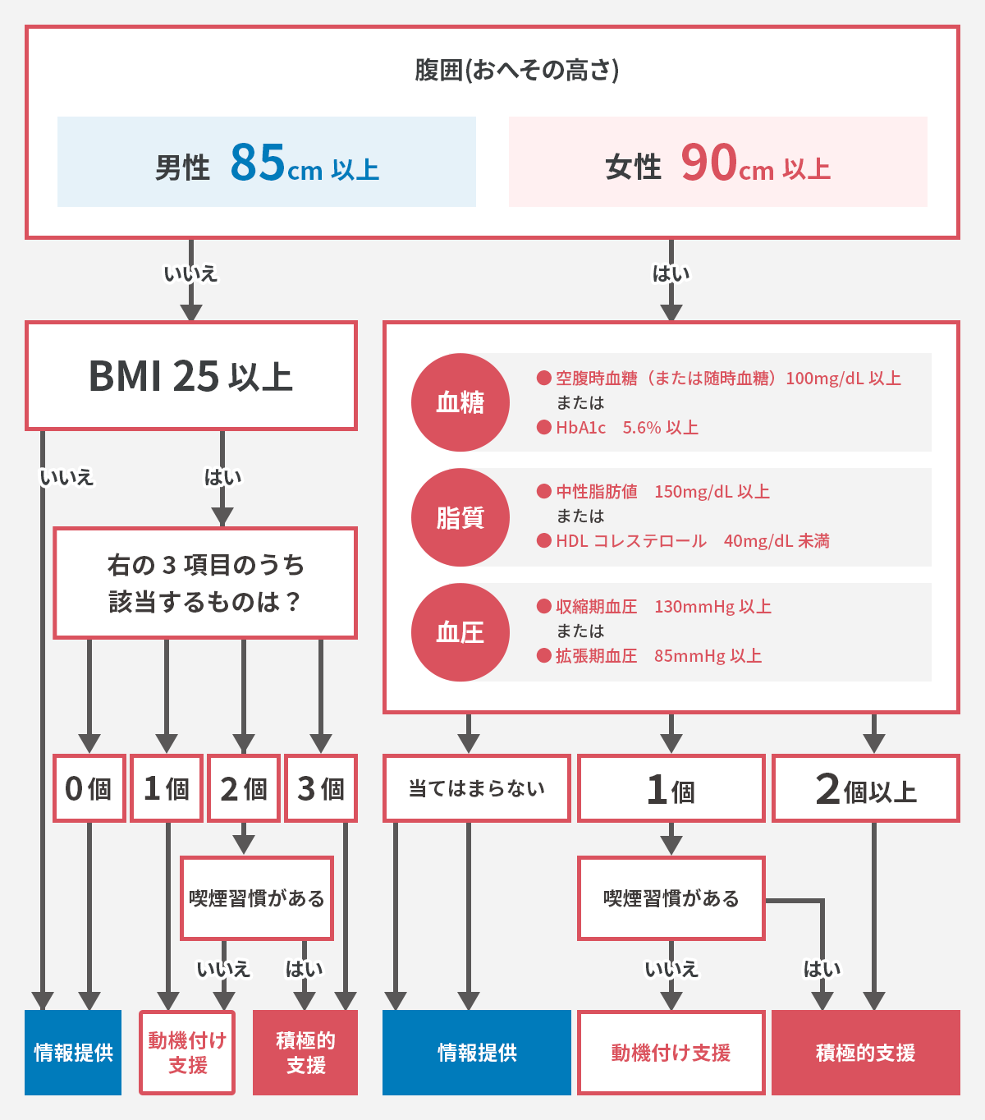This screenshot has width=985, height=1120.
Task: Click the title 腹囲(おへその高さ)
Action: click(x=516, y=71)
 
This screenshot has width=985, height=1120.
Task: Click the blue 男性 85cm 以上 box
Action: click(x=267, y=162)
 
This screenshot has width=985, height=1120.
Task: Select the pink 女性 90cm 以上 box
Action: click(x=717, y=162)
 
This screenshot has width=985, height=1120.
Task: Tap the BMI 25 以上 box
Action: click(x=191, y=376)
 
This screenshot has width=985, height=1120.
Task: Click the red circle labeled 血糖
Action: click(x=460, y=402)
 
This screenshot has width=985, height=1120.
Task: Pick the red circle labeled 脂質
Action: click(x=460, y=517)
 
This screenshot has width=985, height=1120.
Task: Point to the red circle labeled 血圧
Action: click(x=460, y=632)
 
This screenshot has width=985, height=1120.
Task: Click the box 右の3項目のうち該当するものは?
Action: click(x=205, y=583)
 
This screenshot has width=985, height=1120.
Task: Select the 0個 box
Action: click(x=89, y=788)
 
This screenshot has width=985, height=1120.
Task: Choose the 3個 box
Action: click(x=321, y=788)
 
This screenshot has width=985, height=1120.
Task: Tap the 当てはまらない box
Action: click(x=477, y=788)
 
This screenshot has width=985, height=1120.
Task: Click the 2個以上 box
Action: click(x=866, y=789)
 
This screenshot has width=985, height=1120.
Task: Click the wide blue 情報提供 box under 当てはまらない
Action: click(x=477, y=1053)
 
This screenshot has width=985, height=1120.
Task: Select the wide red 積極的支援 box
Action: click(x=866, y=1053)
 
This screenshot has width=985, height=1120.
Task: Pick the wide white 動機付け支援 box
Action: click(x=671, y=1053)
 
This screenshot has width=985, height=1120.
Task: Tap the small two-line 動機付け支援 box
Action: click(x=187, y=1053)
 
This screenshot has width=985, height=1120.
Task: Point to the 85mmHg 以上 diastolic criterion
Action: click(x=708, y=656)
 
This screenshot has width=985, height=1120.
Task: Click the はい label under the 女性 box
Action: click(x=671, y=273)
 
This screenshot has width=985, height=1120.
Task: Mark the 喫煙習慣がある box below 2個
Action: click(x=257, y=898)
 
